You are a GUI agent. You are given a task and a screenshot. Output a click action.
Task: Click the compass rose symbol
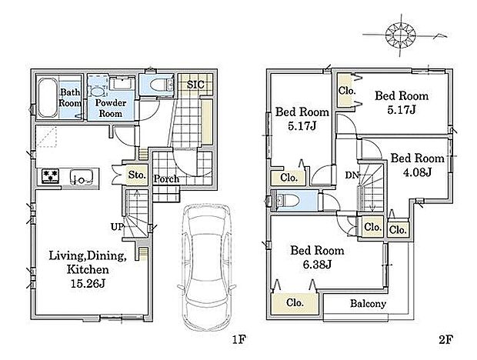(x=400, y=35)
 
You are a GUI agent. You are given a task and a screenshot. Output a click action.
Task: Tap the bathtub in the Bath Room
(x=48, y=98)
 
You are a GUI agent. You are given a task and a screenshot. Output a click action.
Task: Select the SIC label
(x=195, y=85)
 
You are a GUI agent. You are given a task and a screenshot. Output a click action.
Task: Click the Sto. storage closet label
(x=137, y=175)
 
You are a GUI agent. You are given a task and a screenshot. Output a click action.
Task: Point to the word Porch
(x=166, y=179)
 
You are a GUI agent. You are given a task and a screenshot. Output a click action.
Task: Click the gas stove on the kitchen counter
(x=51, y=176)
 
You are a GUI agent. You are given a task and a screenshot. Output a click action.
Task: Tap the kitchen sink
(x=81, y=177)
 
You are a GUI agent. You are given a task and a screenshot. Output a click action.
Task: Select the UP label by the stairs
(x=117, y=227)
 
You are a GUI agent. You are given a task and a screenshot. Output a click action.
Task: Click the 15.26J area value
(x=88, y=284)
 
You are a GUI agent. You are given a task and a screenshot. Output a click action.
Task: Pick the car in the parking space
(x=207, y=268)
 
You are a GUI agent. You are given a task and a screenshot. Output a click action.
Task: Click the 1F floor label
(x=239, y=339)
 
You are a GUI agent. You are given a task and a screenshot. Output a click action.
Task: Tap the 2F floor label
(x=446, y=339)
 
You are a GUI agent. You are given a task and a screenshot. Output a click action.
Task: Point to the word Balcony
(x=368, y=303)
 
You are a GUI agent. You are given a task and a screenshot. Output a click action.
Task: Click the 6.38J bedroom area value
(x=317, y=265)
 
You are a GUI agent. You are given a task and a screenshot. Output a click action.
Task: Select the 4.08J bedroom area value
(x=417, y=172)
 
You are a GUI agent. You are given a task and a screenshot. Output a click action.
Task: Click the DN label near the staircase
(x=352, y=175)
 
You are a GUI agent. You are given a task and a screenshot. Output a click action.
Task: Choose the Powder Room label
(x=111, y=108)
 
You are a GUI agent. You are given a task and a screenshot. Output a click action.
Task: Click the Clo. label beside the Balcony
(x=295, y=302)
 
